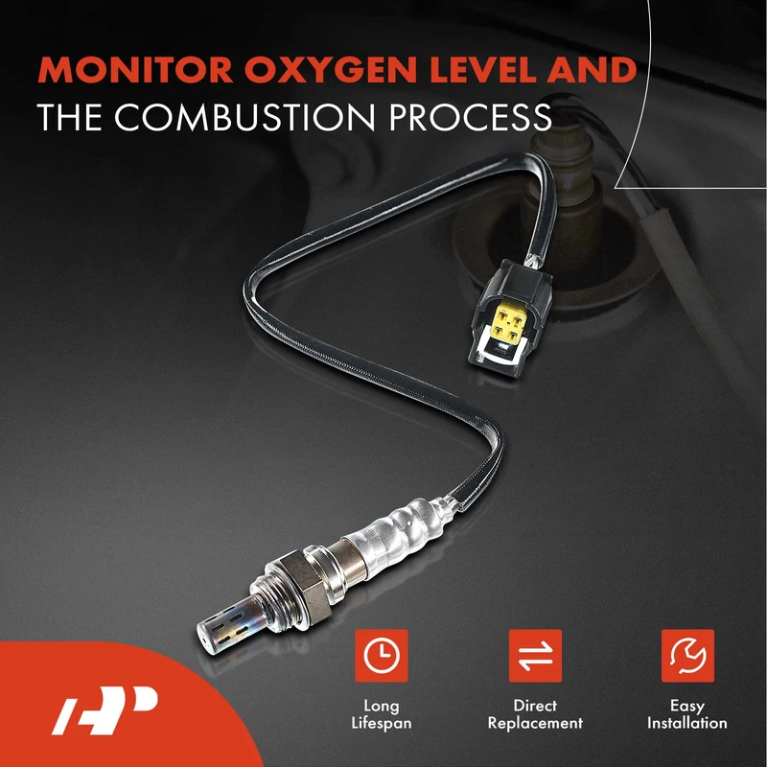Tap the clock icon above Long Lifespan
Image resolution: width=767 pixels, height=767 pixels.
pyautogui.click(x=382, y=656)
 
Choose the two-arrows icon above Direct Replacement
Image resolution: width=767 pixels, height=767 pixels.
pyautogui.click(x=535, y=656)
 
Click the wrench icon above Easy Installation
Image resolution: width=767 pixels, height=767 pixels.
pyautogui.click(x=687, y=656)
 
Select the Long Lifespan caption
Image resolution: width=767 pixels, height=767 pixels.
pyautogui.click(x=382, y=714)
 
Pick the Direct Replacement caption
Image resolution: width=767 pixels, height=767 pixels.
pyautogui.click(x=535, y=714)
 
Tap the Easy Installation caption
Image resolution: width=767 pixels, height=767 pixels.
pyautogui.click(x=687, y=714)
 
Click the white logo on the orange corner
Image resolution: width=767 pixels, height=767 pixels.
pyautogui.click(x=105, y=710)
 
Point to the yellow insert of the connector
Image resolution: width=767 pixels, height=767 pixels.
pyautogui.click(x=511, y=323)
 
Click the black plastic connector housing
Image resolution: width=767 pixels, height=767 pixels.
pyautogui.click(x=511, y=313)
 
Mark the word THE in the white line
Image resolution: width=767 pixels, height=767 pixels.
pyautogui.click(x=69, y=117)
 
